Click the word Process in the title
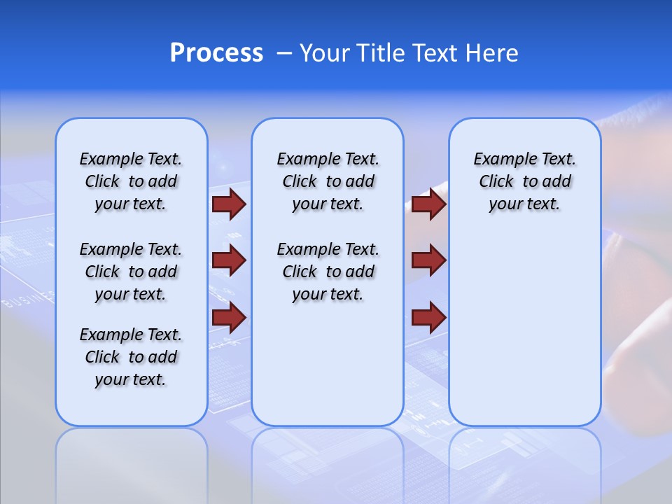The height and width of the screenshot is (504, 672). tap(216, 53)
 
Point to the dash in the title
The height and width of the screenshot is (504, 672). tap(284, 54)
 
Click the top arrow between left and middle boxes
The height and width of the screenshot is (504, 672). tap(229, 204)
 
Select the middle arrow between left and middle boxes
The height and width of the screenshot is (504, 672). tap(229, 260)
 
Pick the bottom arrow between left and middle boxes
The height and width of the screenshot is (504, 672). tap(229, 317)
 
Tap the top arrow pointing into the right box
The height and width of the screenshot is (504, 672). tap(428, 204)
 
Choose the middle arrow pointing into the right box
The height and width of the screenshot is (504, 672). tap(428, 260)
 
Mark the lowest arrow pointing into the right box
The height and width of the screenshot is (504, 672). tap(428, 317)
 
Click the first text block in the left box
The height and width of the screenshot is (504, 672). tap(131, 181)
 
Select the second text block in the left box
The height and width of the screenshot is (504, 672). tap(131, 272)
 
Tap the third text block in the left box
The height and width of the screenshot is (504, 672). tap(131, 357)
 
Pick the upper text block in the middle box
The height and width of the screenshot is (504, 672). tap(328, 181)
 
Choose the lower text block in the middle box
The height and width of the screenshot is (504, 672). tap(328, 272)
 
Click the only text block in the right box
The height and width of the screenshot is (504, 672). tap(525, 181)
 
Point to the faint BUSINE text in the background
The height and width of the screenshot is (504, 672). tap(28, 300)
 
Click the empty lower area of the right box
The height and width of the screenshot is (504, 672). tap(525, 336)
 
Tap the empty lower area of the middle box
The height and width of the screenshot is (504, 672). tap(328, 364)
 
